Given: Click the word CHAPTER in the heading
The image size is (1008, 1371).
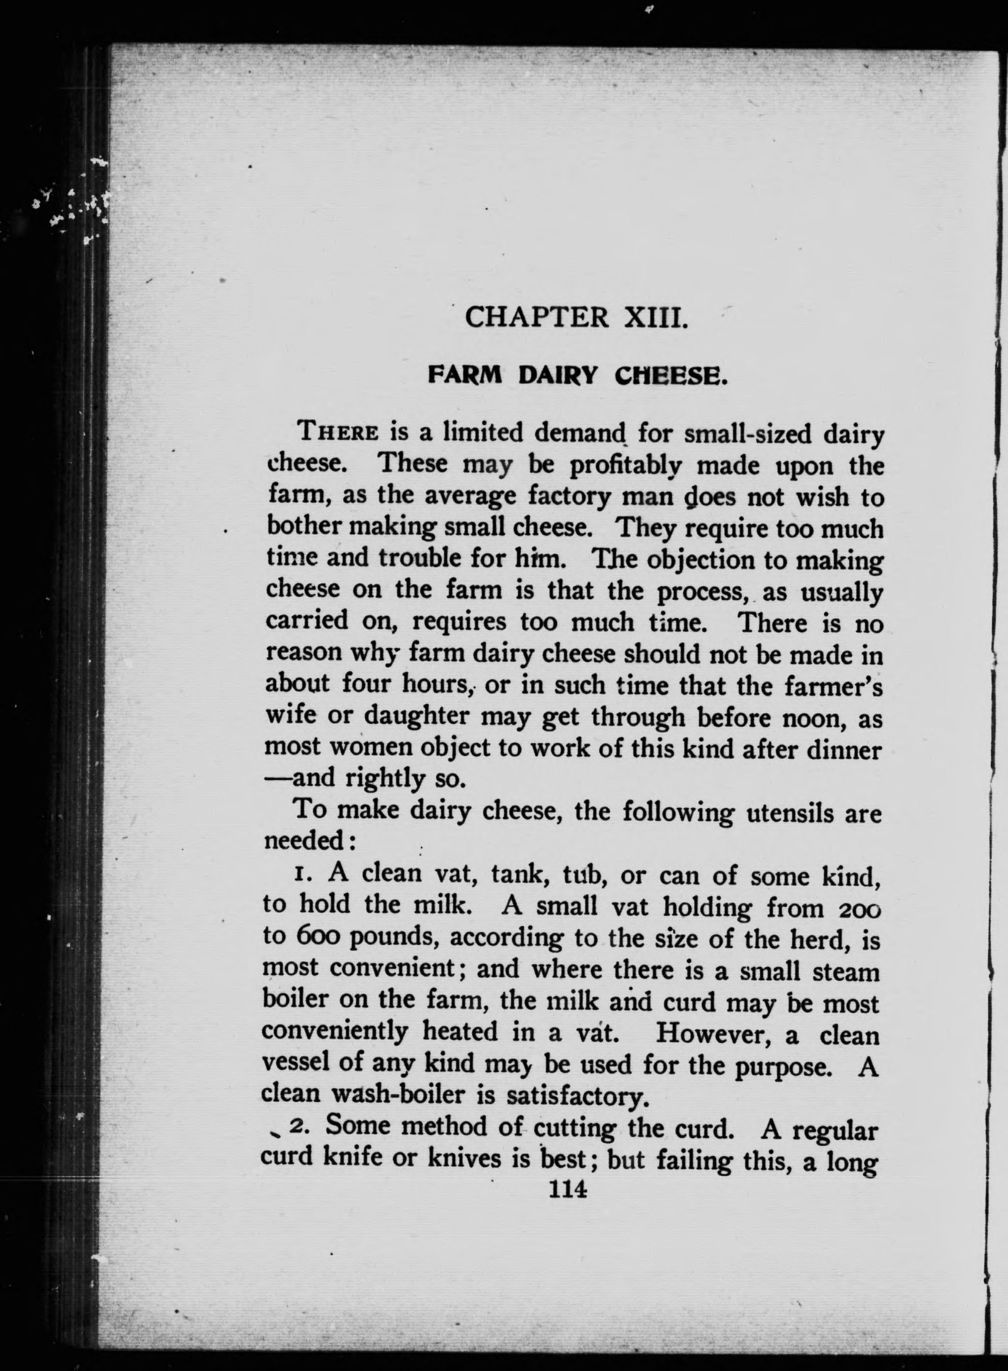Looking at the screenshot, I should [536, 318].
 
